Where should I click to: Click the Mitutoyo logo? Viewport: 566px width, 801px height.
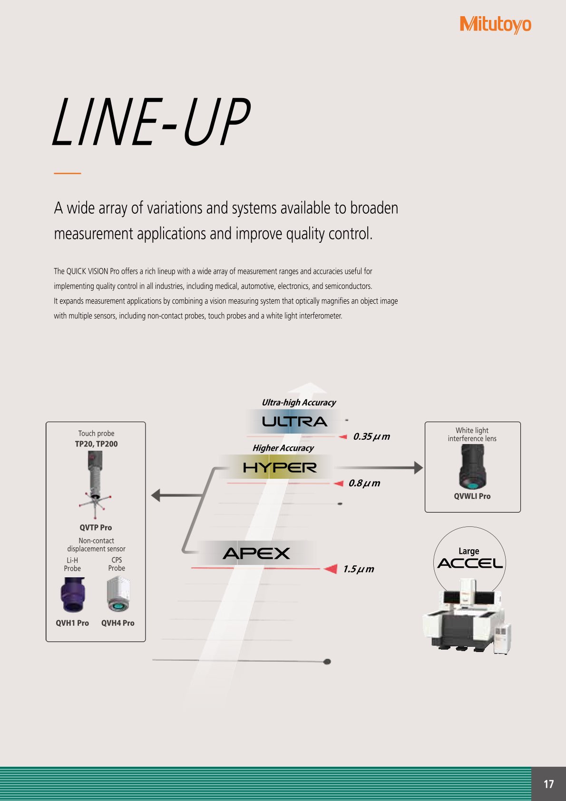(495, 24)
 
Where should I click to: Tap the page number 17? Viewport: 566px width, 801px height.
(548, 784)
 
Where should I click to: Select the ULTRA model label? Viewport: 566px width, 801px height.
(294, 422)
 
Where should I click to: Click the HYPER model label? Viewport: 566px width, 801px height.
(280, 467)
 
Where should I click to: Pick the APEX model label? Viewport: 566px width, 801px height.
(256, 554)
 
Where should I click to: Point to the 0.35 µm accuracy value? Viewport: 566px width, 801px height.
(371, 436)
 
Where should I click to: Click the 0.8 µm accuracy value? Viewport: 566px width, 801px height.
(364, 483)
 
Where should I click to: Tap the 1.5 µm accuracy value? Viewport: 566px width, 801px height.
(358, 569)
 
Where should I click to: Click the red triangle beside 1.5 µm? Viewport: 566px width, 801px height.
(331, 569)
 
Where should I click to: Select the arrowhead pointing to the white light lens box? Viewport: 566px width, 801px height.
(418, 468)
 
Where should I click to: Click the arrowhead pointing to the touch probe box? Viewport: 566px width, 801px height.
(156, 495)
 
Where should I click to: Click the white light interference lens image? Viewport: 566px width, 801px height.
(472, 467)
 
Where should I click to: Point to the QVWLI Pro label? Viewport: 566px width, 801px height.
(472, 496)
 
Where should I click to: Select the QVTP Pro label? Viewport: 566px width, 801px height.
(96, 527)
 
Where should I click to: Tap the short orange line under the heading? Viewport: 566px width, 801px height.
(68, 173)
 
